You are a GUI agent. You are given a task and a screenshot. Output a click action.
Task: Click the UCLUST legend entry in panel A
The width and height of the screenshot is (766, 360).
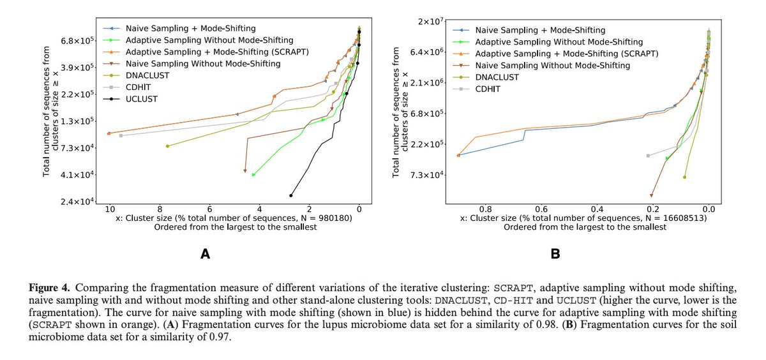[x=140, y=99]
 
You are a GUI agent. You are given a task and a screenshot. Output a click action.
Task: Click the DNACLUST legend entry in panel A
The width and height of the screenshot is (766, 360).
[x=143, y=75]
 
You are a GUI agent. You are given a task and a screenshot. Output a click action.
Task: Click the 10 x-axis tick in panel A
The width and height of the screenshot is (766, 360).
[x=109, y=208]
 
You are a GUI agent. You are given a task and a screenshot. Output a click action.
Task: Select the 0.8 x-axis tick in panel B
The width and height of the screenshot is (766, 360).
[x=485, y=208]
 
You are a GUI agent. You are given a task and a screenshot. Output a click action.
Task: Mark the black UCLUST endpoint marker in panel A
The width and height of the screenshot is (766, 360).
[x=291, y=195]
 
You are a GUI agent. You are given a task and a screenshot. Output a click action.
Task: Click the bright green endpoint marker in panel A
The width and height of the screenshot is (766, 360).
[x=253, y=174]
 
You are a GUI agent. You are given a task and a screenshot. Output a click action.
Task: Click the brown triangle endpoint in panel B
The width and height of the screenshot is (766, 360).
[x=652, y=195]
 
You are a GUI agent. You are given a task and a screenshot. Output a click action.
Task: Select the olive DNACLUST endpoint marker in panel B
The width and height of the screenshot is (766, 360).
[x=684, y=177]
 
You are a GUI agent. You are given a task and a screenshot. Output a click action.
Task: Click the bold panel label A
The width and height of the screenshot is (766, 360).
[x=205, y=254]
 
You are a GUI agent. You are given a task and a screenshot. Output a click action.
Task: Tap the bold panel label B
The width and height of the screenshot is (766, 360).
[x=555, y=254]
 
